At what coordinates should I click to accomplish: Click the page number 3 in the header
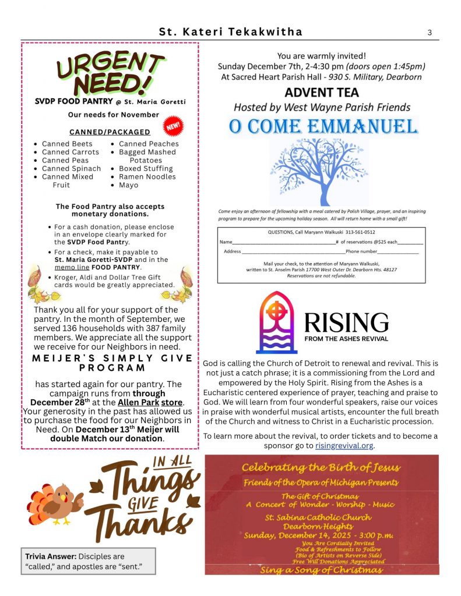[430, 33]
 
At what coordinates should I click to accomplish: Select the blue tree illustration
[319, 172]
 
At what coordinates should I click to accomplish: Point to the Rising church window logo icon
[276, 322]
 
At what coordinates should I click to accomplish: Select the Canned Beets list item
[67, 144]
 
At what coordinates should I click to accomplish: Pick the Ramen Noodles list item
[147, 176]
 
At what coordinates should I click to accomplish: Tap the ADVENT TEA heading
[322, 93]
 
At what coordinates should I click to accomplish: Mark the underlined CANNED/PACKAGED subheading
[110, 132]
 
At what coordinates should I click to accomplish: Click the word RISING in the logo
[346, 322]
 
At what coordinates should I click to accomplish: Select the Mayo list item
[128, 185]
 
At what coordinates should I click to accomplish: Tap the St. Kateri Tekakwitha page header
[231, 32]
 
